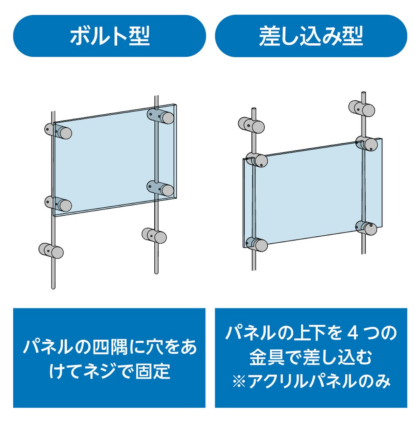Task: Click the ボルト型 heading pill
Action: (x=109, y=36)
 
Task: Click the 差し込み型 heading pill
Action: (x=311, y=36)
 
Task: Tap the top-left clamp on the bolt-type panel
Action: (x=58, y=132)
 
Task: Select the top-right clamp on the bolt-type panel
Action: (x=160, y=116)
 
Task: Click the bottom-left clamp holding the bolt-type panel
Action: (x=58, y=204)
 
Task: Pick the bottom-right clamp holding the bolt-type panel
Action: (x=160, y=188)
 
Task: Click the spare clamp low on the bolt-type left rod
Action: (x=51, y=251)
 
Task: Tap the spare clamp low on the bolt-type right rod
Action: (x=154, y=236)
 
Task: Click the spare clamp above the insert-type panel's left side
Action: (x=251, y=126)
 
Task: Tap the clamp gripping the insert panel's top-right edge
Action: (x=366, y=143)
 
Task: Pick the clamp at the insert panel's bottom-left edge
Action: (x=257, y=245)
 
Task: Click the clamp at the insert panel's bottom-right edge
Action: (x=366, y=228)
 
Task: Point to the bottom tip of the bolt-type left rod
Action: (x=53, y=288)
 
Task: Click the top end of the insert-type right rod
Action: (x=364, y=93)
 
